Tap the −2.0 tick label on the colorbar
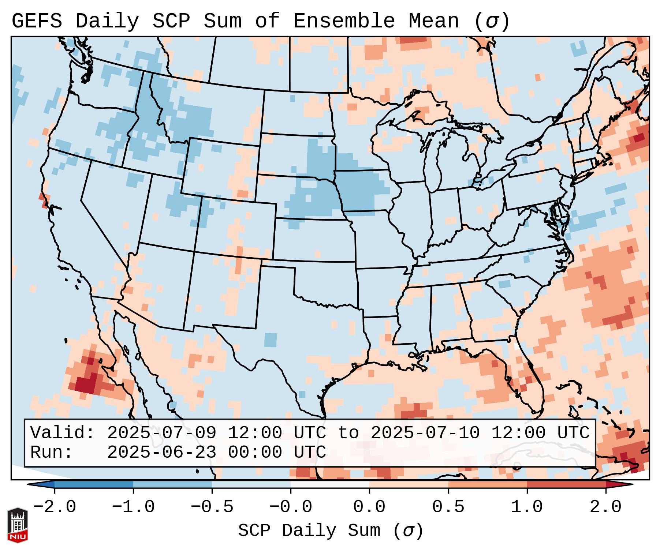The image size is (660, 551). coord(55,507)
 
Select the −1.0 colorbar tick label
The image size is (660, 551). coord(133,507)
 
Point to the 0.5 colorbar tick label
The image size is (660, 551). coord(448,507)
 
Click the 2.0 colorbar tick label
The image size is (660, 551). coord(606,507)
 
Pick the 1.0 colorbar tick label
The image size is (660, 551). coord(527,507)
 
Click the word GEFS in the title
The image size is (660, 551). coord(37,21)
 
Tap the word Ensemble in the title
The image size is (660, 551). coord(344,21)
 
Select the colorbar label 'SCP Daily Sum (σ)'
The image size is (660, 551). coord(331,531)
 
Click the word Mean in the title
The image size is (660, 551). coord(434,21)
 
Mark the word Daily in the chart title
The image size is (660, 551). coord(107,21)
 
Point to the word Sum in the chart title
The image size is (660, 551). coord(223,21)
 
